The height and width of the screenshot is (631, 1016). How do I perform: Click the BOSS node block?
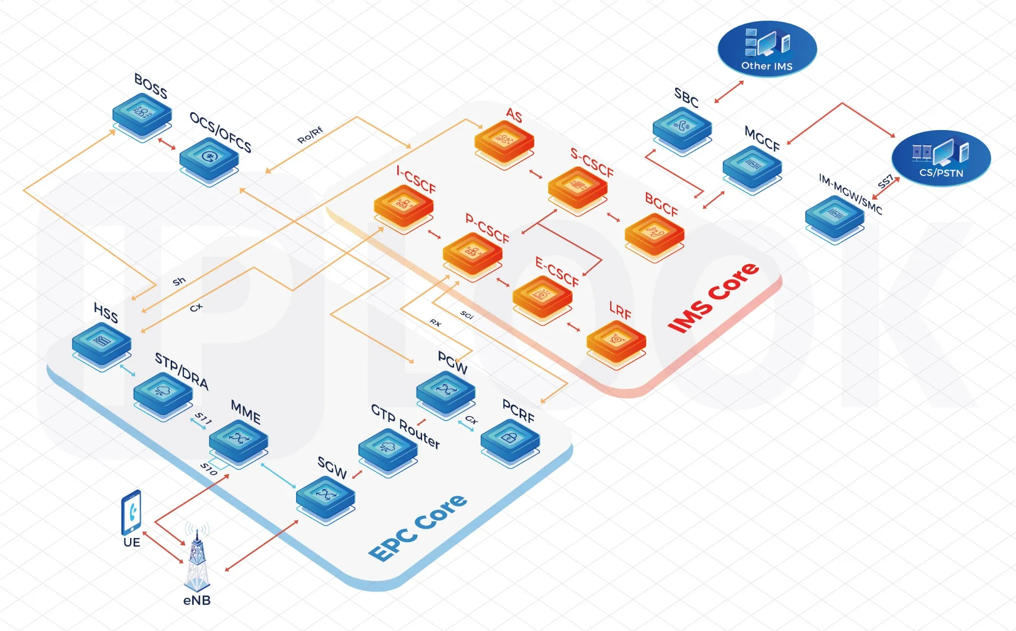(x=142, y=115)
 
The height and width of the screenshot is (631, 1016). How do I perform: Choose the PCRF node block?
(x=510, y=439)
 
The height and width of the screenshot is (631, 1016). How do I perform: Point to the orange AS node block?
(x=504, y=141)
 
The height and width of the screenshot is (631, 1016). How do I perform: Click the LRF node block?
(x=616, y=341)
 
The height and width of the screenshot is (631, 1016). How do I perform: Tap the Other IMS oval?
(x=767, y=49)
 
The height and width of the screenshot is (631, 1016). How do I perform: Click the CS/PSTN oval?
(x=941, y=158)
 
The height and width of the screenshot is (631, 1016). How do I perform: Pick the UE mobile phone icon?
(x=131, y=512)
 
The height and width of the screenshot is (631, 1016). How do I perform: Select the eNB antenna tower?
(x=197, y=559)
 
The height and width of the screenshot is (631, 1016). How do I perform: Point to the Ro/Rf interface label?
(x=310, y=135)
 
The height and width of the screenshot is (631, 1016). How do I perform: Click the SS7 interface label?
(x=885, y=181)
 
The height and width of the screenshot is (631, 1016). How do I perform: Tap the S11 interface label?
(x=203, y=418)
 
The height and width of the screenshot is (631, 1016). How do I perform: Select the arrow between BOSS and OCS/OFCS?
(x=167, y=144)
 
